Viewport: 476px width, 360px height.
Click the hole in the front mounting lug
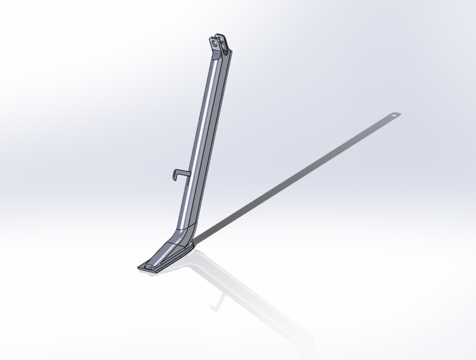click(x=215, y=43)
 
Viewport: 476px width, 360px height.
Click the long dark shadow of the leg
click(x=293, y=180)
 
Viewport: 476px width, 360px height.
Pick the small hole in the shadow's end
click(x=393, y=115)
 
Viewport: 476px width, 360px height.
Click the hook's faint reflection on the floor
click(x=215, y=304)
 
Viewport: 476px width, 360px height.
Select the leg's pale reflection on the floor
click(x=248, y=298)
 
